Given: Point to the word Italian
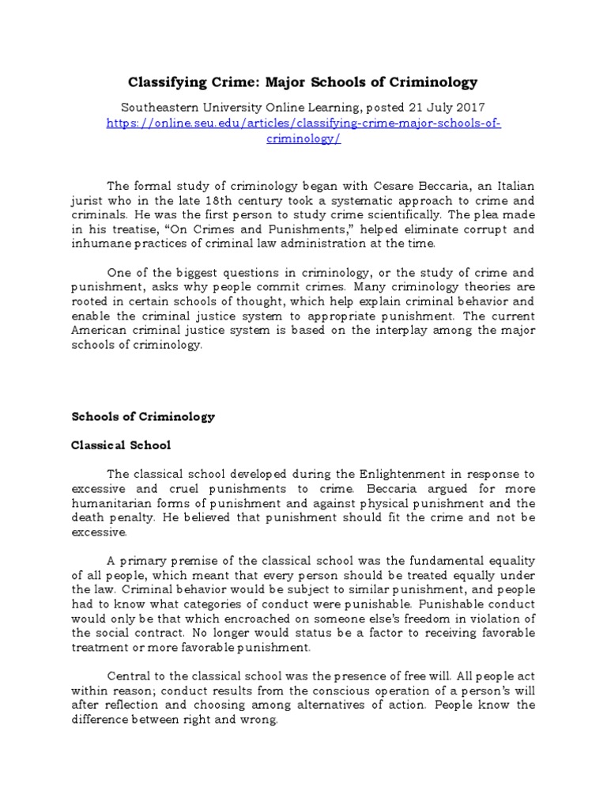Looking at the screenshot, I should (x=511, y=186).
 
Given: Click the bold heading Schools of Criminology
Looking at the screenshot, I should (x=143, y=416).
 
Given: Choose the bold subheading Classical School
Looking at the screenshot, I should (x=121, y=445).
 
